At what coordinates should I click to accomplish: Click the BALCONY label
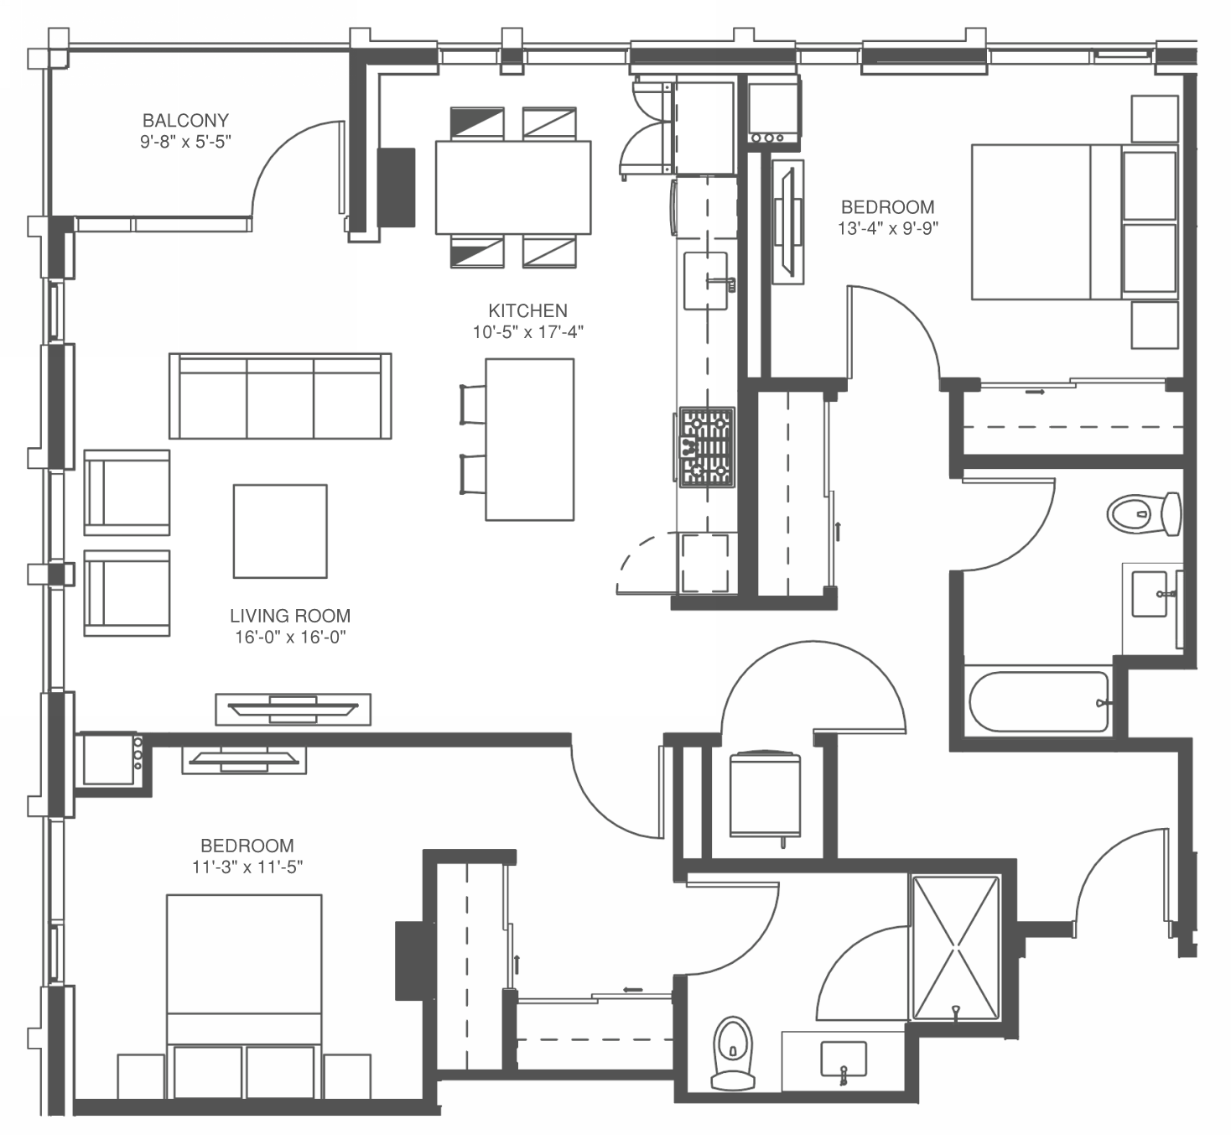[x=185, y=120]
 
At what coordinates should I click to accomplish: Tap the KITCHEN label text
[x=527, y=310]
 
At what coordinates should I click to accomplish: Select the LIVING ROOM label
[x=290, y=616]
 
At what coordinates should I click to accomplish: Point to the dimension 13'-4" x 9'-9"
[x=888, y=228]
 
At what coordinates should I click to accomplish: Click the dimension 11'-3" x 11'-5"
[x=247, y=867]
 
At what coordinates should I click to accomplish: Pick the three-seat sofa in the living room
[x=280, y=396]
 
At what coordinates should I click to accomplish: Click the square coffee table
[x=280, y=531]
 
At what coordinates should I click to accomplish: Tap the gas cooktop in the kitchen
[x=706, y=446]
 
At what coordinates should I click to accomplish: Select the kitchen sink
[x=706, y=281]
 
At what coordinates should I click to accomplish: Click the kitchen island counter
[x=530, y=440]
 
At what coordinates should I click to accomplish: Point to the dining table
[x=513, y=187]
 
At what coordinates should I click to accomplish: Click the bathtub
[x=1039, y=702]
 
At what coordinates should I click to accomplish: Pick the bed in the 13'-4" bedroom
[x=1074, y=221]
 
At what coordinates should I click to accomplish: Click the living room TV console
[x=293, y=710]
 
